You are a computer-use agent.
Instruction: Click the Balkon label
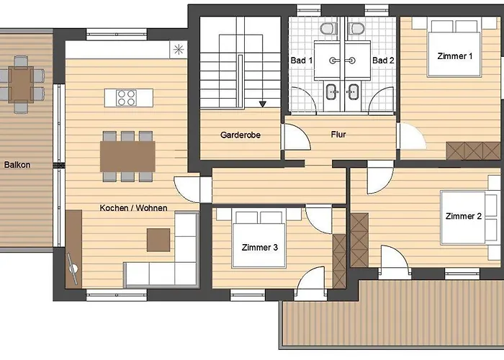point(17,165)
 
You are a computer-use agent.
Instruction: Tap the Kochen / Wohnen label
point(133,208)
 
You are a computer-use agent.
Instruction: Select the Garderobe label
point(240,135)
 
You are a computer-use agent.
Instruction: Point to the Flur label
point(338,135)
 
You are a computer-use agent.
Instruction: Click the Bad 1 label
point(302,60)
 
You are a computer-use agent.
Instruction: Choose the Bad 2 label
point(383,60)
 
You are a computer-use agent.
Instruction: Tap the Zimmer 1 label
point(455,56)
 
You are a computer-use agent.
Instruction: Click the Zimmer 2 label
point(464,216)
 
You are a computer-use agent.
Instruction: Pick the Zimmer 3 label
point(260,248)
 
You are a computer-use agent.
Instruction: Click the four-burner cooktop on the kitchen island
point(126,98)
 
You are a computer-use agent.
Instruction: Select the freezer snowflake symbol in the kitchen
point(179,50)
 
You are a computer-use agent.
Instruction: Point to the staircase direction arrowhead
point(263,104)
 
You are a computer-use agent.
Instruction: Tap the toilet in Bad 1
point(328,29)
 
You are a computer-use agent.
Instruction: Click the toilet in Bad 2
point(356,29)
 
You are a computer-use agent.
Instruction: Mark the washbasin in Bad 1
point(332,91)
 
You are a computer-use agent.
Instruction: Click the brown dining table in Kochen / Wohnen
point(127,156)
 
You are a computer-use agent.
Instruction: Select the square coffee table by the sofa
point(158,240)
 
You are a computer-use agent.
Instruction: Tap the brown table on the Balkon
point(21,84)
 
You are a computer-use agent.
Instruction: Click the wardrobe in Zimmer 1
point(473,151)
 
